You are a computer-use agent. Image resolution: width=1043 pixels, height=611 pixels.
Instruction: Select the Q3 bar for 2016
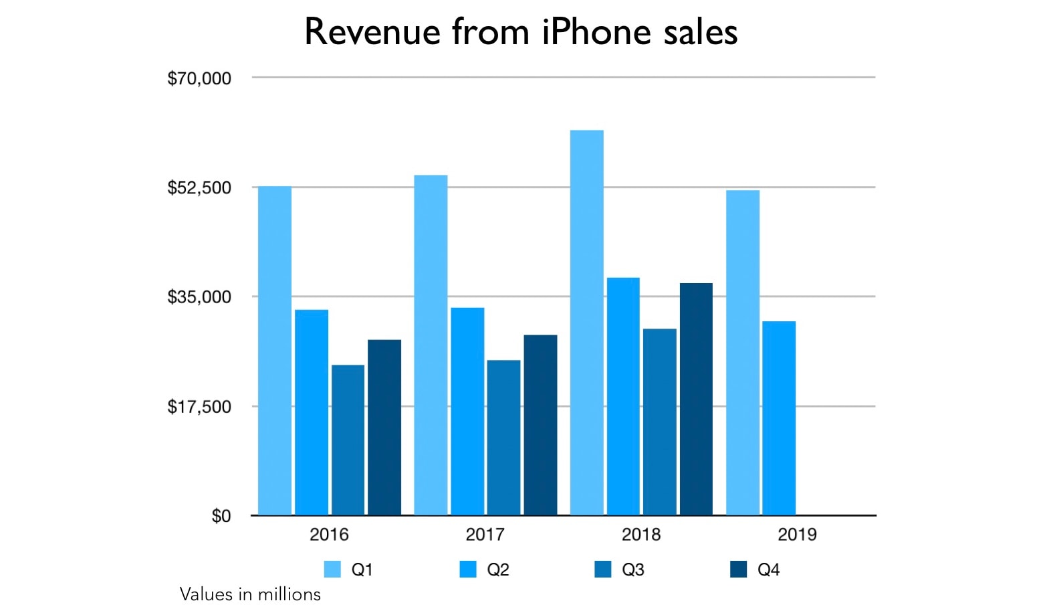[x=348, y=440]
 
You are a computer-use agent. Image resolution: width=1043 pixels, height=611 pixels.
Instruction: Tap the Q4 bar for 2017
[x=540, y=425]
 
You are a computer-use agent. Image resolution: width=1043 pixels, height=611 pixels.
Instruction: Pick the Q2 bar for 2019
[x=779, y=418]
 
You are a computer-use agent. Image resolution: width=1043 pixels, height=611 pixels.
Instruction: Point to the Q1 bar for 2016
[x=275, y=351]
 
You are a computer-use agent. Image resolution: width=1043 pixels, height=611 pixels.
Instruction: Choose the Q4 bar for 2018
[x=696, y=399]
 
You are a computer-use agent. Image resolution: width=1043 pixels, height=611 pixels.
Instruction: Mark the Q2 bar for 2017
[x=467, y=412]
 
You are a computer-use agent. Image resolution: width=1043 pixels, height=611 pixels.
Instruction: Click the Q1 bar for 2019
[x=743, y=353]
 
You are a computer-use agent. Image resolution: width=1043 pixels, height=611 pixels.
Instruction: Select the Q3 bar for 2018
[x=660, y=422]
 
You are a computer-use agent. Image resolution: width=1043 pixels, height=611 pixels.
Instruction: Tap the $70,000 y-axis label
[x=199, y=78]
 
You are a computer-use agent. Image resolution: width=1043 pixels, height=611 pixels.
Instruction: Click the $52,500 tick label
[x=199, y=187]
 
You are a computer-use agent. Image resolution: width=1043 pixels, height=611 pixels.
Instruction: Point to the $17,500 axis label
[x=199, y=406]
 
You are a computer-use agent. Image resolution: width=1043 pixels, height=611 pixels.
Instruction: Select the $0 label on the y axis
[x=221, y=516]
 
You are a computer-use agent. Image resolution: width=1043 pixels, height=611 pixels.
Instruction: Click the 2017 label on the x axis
[x=485, y=535]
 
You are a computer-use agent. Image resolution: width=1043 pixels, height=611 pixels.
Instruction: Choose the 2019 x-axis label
[x=797, y=535]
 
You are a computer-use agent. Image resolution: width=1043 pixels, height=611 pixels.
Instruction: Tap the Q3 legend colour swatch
[x=603, y=570]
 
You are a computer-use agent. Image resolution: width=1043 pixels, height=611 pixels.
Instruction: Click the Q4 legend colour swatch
[x=738, y=570]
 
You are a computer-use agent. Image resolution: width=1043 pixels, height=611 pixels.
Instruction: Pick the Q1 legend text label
[x=362, y=570]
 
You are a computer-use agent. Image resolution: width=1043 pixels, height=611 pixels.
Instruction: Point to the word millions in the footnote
[x=289, y=594]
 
